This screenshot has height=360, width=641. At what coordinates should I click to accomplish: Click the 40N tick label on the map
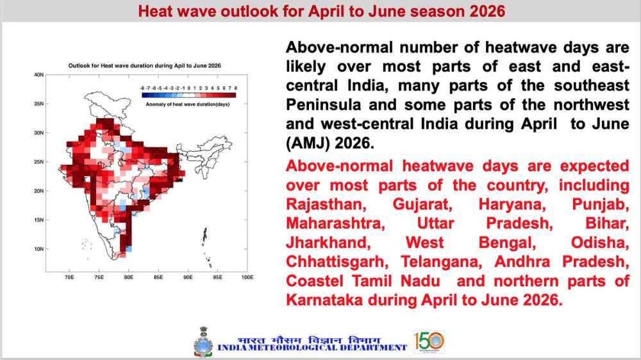[x=38, y=75]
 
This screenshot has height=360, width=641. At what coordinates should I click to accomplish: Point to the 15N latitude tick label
[x=38, y=220]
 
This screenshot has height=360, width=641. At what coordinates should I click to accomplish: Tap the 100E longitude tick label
[x=247, y=278]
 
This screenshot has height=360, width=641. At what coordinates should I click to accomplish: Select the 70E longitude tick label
[x=69, y=278]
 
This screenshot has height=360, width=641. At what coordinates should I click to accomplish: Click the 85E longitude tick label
[x=158, y=278]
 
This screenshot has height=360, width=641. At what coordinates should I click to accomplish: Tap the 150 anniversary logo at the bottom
[x=429, y=341]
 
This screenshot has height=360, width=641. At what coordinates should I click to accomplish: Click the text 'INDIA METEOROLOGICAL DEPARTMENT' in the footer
[x=312, y=347]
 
